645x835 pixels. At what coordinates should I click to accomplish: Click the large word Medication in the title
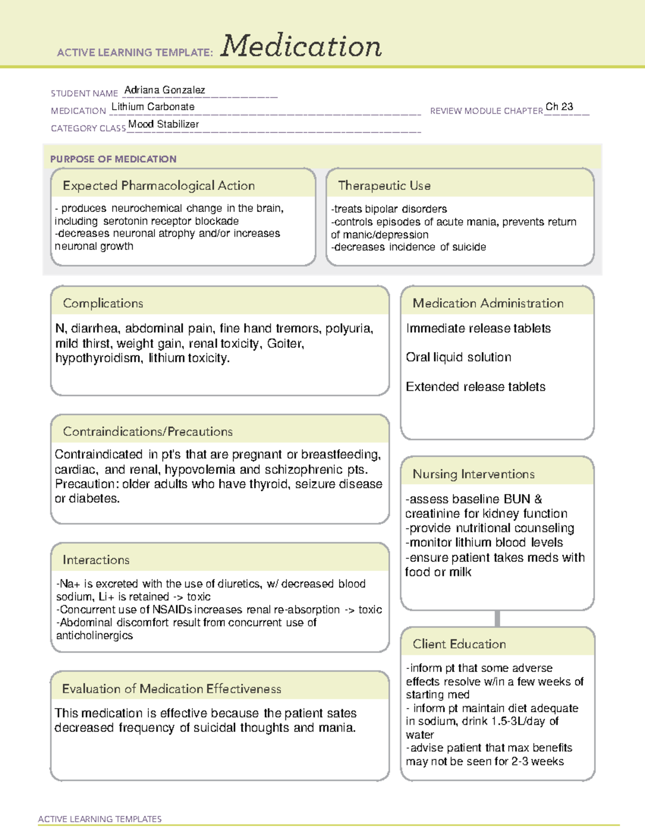tap(301, 46)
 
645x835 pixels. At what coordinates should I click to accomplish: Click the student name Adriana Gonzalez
tap(164, 90)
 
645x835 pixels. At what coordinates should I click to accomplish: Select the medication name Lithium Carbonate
tap(153, 107)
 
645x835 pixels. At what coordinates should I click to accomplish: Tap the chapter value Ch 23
tap(559, 107)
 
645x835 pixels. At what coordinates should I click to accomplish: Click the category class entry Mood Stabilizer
tap(163, 124)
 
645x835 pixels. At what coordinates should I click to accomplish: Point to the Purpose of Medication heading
tap(113, 159)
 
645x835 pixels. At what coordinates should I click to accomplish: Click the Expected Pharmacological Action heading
tap(159, 185)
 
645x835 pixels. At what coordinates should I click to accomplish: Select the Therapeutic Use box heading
tap(384, 185)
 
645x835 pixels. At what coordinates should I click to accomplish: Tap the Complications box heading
tap(103, 303)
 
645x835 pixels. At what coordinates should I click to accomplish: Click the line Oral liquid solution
tap(458, 358)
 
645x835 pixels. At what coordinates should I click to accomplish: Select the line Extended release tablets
tap(475, 387)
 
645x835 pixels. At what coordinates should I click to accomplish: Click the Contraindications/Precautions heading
tap(147, 432)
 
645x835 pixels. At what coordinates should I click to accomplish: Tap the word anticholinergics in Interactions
tap(94, 636)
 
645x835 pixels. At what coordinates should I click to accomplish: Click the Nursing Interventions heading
tap(473, 474)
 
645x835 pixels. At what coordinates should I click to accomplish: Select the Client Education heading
tap(459, 644)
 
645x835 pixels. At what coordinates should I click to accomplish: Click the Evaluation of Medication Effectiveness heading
tap(171, 689)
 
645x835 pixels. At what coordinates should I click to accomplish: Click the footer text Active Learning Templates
tap(99, 819)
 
